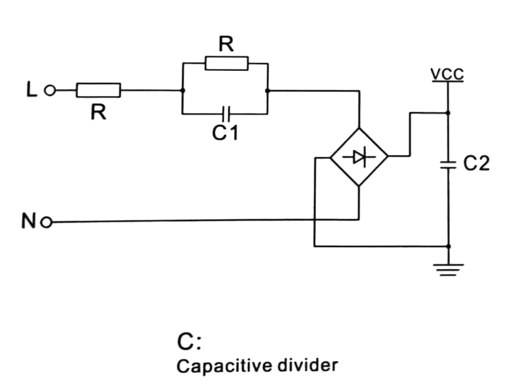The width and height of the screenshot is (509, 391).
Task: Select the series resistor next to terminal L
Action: [98, 90]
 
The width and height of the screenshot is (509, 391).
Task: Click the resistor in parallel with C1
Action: [227, 64]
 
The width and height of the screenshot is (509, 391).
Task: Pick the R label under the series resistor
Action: [98, 112]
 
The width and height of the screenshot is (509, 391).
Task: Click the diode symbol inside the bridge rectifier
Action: [359, 157]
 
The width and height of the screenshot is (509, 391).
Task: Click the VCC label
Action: [448, 74]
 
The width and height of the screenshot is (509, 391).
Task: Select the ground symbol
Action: [449, 268]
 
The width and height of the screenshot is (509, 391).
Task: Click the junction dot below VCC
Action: [449, 113]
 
